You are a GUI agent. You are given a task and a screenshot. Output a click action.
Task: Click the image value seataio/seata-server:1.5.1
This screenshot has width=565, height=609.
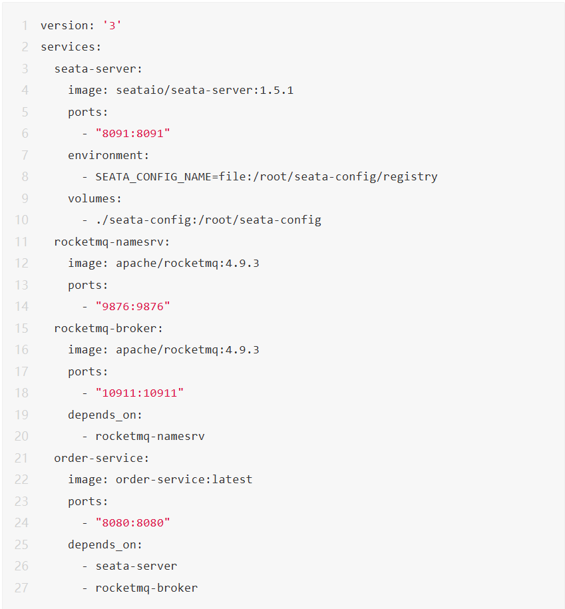pos(204,90)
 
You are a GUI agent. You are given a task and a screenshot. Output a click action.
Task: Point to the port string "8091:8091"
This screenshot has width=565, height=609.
pos(133,133)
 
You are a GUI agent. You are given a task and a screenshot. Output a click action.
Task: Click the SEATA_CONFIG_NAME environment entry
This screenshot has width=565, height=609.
pos(266,176)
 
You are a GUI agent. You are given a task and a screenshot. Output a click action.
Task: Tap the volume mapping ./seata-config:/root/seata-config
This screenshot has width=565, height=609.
pos(208,220)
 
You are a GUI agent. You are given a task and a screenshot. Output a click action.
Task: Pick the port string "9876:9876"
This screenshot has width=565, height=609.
pos(133,306)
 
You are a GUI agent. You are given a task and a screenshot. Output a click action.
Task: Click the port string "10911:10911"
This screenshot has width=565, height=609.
pos(140,393)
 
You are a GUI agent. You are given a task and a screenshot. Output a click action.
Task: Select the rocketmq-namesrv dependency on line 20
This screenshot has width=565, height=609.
pos(150,436)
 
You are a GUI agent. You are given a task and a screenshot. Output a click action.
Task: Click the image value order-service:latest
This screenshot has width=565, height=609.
pos(184,479)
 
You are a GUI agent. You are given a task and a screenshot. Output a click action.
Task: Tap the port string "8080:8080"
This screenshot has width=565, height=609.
pos(133,522)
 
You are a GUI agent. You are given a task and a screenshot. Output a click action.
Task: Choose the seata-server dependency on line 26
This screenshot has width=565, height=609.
pos(136,566)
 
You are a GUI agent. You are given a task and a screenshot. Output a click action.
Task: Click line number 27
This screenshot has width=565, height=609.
pos(22,588)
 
